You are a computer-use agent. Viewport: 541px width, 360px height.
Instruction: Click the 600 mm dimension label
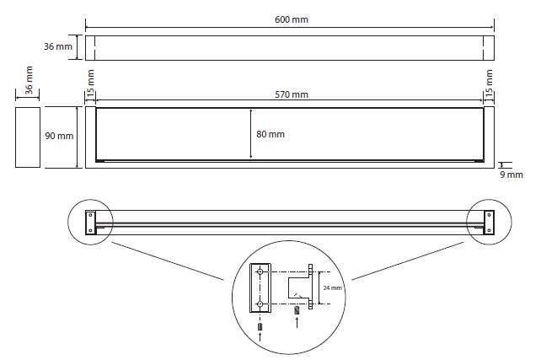(x=292, y=19)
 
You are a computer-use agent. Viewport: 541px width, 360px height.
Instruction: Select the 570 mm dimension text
(x=292, y=94)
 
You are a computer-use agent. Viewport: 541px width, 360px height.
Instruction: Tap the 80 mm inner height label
(x=270, y=134)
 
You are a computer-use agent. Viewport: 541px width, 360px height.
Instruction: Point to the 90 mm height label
(x=59, y=136)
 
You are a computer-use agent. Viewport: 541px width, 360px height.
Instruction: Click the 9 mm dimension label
(x=512, y=175)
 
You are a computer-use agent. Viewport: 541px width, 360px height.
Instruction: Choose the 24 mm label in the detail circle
(x=332, y=287)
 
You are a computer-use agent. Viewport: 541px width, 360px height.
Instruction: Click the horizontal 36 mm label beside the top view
(x=58, y=46)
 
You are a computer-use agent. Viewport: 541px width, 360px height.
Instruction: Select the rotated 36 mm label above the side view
(x=29, y=80)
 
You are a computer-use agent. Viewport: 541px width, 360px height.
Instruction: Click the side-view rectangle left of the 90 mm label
(x=28, y=137)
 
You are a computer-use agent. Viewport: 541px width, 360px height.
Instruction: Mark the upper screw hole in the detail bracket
(x=260, y=272)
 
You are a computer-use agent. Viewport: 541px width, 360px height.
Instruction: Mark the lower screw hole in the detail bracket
(x=260, y=304)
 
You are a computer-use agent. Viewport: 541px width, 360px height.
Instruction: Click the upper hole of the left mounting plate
(x=91, y=215)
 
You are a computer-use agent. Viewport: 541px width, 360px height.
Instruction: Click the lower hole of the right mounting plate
(x=489, y=230)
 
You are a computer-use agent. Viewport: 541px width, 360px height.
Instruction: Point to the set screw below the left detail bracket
(x=260, y=326)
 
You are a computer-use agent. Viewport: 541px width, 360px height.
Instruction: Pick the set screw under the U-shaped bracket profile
(x=297, y=310)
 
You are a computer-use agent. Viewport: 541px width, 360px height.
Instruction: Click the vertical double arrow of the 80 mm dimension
(x=251, y=134)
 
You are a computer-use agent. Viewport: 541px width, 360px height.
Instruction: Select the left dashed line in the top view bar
(x=95, y=48)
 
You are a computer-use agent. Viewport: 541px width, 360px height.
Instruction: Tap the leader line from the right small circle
(x=408, y=261)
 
